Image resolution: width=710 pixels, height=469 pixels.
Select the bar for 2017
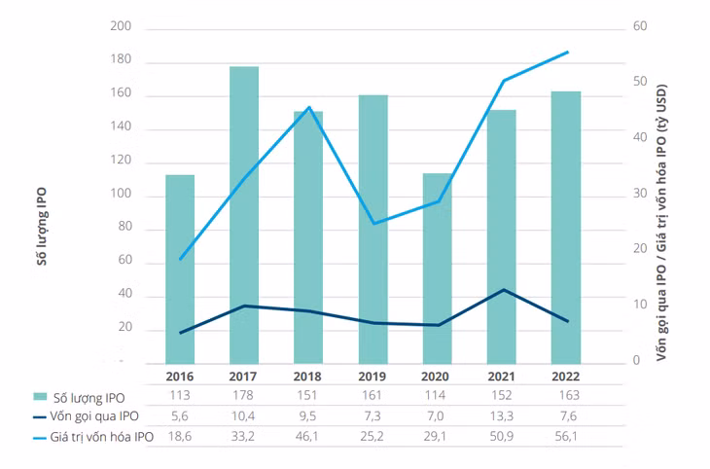pyautogui.click(x=244, y=215)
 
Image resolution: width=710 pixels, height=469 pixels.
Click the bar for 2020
pyautogui.click(x=438, y=269)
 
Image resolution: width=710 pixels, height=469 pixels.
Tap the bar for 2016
pyautogui.click(x=180, y=270)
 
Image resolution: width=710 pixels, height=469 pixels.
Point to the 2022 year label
pyautogui.click(x=565, y=377)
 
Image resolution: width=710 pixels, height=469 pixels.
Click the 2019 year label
pyautogui.click(x=372, y=377)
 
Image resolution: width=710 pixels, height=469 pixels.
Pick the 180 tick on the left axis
pyautogui.click(x=121, y=59)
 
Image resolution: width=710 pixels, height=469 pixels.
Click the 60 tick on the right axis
pyautogui.click(x=640, y=26)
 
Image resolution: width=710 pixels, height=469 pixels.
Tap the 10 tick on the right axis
pyautogui.click(x=640, y=305)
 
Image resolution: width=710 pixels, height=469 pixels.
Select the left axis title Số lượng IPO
pyautogui.click(x=42, y=226)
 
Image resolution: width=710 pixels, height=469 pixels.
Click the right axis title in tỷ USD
pyautogui.click(x=661, y=223)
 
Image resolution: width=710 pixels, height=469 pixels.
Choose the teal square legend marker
pyautogui.click(x=40, y=397)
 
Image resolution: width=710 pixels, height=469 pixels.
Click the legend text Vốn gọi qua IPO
pyautogui.click(x=94, y=416)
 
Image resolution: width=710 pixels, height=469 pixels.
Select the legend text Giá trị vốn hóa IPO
pyautogui.click(x=101, y=437)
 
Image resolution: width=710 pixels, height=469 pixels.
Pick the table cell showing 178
pyautogui.click(x=243, y=396)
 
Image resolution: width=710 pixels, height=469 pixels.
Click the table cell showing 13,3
pyautogui.click(x=501, y=416)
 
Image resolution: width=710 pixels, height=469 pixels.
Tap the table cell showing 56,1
pyautogui.click(x=566, y=436)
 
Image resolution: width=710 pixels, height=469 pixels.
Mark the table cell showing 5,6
pyautogui.click(x=180, y=416)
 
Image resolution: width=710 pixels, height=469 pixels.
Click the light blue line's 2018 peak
pyautogui.click(x=309, y=107)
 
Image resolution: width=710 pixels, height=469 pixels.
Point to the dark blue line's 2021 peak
pyautogui.click(x=504, y=290)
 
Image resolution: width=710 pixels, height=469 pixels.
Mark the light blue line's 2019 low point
pyautogui.click(x=373, y=224)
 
